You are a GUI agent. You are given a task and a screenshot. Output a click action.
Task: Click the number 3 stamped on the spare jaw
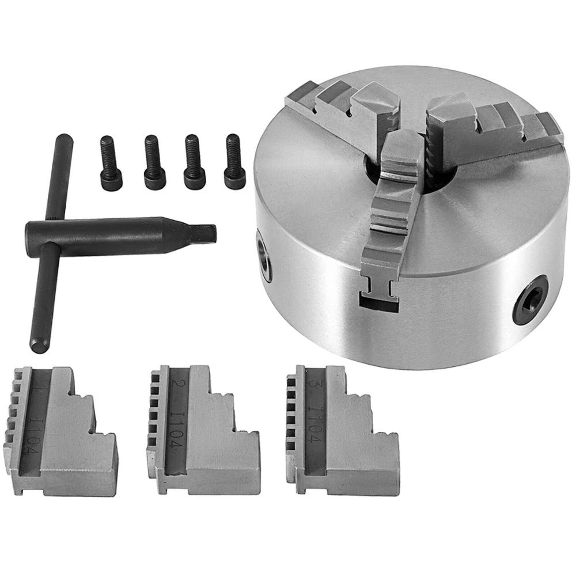[314, 385]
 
